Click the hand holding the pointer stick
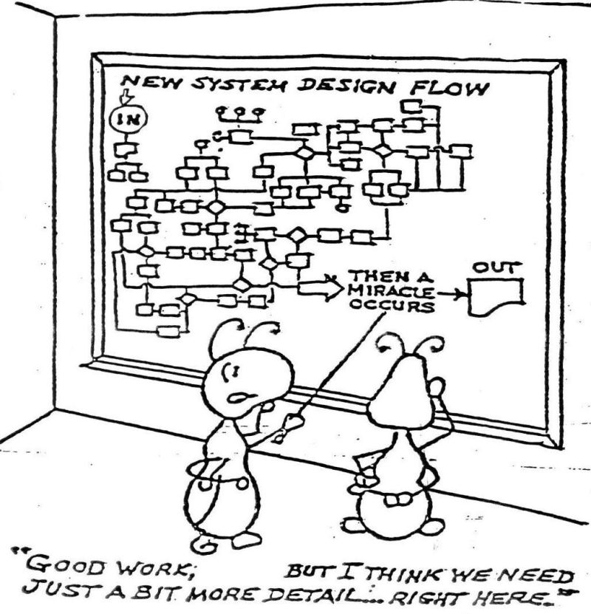tap(293, 426)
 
